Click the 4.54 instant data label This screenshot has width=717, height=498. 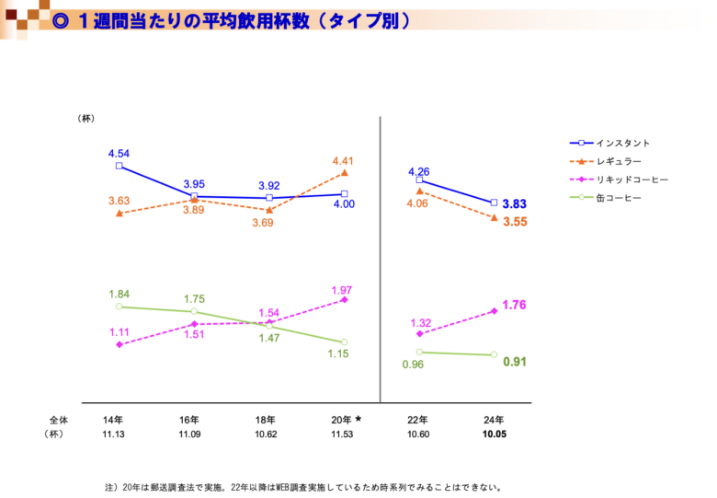click(119, 153)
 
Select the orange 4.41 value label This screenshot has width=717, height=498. click(343, 161)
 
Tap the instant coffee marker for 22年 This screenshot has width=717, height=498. click(419, 180)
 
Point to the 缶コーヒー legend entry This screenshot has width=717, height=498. click(619, 199)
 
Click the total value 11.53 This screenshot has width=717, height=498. click(343, 434)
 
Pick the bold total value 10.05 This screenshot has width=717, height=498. click(494, 434)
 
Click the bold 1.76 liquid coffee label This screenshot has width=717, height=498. click(515, 305)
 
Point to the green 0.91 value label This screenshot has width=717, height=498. click(515, 362)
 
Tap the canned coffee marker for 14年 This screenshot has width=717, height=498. click(119, 307)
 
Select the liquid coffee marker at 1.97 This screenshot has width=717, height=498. click(345, 299)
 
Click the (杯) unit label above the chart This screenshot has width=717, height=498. click(86, 118)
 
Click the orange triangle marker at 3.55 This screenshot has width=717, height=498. click(495, 218)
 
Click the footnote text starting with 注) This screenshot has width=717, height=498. click(303, 487)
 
